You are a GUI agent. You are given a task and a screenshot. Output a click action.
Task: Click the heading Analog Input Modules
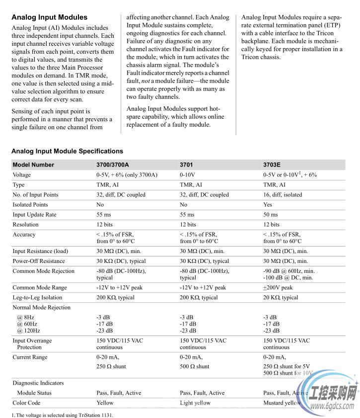coord(49,17)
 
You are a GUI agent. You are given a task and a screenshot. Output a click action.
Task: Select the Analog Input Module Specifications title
coord(67,151)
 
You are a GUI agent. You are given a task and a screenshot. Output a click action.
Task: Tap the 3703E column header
coord(272,165)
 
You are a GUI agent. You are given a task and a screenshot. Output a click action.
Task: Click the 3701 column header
coord(186,165)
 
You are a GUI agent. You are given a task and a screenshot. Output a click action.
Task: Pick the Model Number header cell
coord(33,165)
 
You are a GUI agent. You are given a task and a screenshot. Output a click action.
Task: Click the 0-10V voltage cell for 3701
coord(187,175)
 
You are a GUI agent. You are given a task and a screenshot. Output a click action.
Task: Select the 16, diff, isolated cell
coord(283,195)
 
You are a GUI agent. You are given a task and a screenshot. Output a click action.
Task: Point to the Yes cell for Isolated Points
coord(268,205)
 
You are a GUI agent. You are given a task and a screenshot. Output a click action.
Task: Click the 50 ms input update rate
coord(271,215)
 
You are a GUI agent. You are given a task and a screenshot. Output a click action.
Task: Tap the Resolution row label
coord(25,225)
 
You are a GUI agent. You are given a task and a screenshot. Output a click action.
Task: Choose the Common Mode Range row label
coord(39,288)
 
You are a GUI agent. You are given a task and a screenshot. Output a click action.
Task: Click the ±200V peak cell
coord(278,288)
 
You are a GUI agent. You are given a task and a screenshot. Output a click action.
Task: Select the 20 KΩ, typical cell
coord(281,298)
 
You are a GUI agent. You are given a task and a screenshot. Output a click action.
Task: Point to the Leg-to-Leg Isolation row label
coord(37,298)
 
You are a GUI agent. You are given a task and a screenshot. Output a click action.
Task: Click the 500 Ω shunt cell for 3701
coord(195,366)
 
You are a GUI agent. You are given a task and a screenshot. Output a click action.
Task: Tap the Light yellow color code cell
coord(195,403)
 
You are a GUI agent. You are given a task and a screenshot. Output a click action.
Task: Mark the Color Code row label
coord(26,403)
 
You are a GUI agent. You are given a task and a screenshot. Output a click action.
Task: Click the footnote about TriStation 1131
coord(62,415)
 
